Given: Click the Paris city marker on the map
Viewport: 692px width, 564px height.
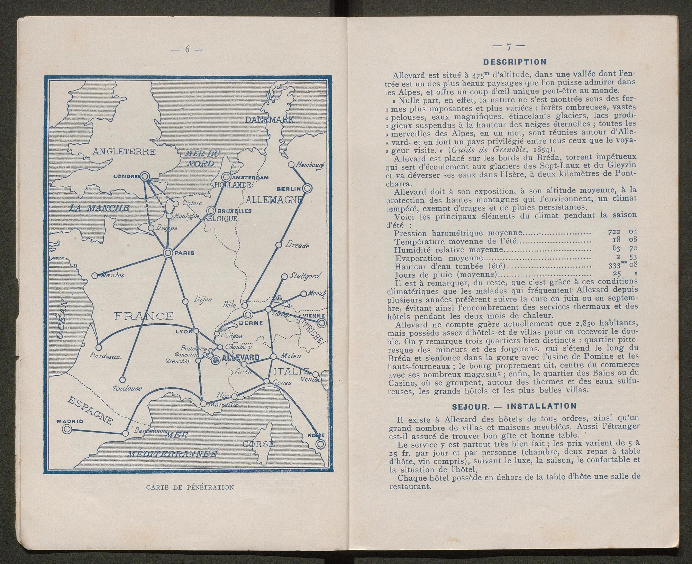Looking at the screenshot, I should coord(168,253).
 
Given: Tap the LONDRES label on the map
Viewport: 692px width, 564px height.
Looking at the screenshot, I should coord(126,176).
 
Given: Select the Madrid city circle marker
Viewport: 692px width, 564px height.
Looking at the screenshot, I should coord(67,429).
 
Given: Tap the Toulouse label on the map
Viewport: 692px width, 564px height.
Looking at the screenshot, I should coord(127,388).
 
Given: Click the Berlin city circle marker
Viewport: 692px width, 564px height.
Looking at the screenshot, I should coord(307,188).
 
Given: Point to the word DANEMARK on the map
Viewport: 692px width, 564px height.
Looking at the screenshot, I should coord(270,120).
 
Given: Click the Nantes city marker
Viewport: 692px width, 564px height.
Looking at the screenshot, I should coord(95,276).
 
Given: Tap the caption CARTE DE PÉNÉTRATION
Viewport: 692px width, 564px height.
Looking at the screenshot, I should coord(190,488).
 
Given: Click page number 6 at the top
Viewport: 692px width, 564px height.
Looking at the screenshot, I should coord(188,49).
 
